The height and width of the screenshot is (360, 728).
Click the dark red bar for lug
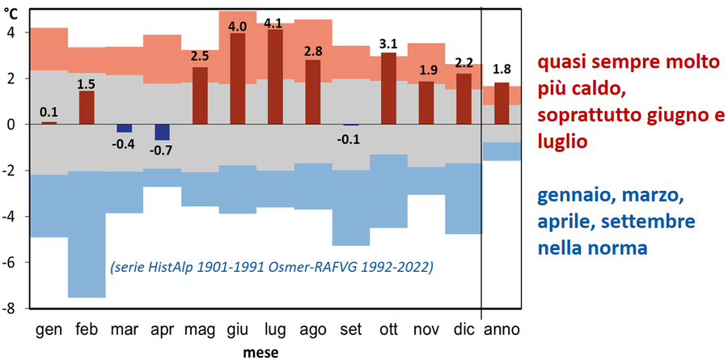click(275, 77)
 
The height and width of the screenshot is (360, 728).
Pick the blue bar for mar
click(125, 129)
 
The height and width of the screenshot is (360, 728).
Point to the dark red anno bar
click(502, 104)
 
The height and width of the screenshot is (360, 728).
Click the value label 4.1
click(275, 23)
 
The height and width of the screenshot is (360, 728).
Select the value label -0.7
click(162, 150)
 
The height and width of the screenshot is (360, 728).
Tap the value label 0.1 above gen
click(49, 113)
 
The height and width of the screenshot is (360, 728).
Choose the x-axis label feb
click(87, 330)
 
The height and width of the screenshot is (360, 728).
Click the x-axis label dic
click(463, 330)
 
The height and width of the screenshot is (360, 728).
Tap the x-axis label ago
click(313, 330)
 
